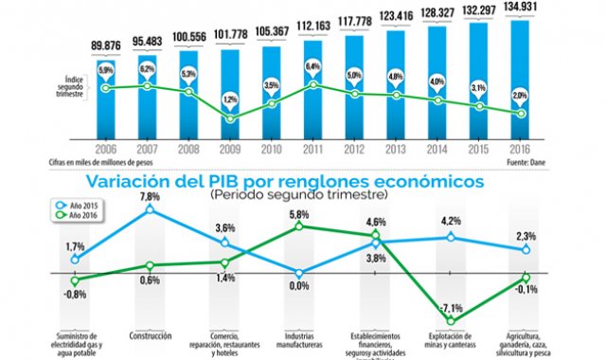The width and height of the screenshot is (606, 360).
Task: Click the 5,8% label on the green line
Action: pos(300,215)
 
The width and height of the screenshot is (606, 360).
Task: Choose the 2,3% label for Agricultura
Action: pos(526,237)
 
